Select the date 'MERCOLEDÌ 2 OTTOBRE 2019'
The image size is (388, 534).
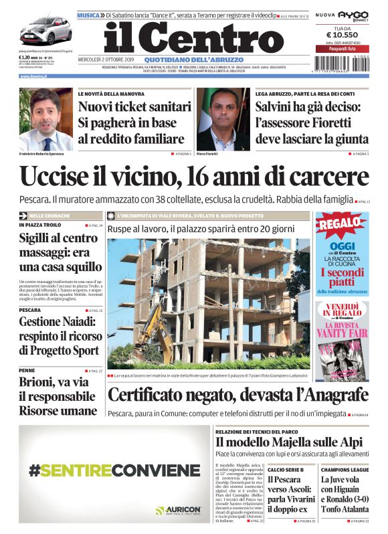(108, 60)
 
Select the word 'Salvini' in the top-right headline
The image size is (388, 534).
(278, 106)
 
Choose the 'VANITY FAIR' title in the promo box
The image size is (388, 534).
(341, 332)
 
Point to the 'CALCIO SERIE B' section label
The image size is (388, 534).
(286, 470)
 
